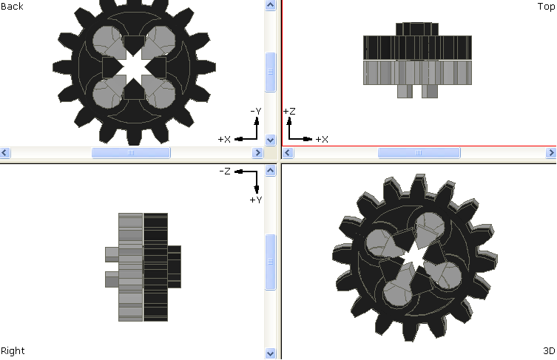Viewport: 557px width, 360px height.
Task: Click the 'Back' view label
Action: [12, 7]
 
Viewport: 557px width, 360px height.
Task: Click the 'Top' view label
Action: [547, 7]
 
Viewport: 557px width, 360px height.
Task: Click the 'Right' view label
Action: [13, 351]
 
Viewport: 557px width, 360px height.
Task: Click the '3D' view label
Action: [549, 351]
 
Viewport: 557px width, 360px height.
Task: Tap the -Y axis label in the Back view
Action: [256, 111]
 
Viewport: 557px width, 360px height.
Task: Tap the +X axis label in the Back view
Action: [224, 139]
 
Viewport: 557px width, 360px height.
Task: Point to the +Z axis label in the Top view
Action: [289, 111]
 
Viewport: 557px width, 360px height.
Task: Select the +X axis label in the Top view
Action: [322, 139]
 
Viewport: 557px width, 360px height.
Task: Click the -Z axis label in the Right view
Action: [225, 171]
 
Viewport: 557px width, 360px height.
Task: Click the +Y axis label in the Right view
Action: [256, 200]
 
